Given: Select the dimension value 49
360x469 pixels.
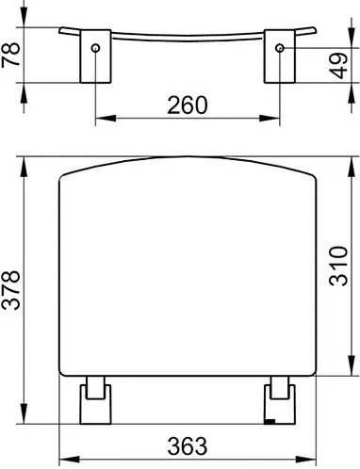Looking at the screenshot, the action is [338, 66].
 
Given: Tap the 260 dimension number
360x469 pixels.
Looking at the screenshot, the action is [188, 105].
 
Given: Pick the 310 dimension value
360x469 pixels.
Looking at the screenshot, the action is [338, 267].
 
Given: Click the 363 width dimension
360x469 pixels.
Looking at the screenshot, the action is [188, 445].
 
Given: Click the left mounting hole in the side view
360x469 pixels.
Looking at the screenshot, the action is [95, 48].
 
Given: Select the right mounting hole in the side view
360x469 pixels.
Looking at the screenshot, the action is [280, 48].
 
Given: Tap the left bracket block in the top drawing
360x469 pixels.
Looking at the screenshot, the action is [95, 57].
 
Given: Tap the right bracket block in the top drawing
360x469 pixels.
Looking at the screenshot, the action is [280, 57].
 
